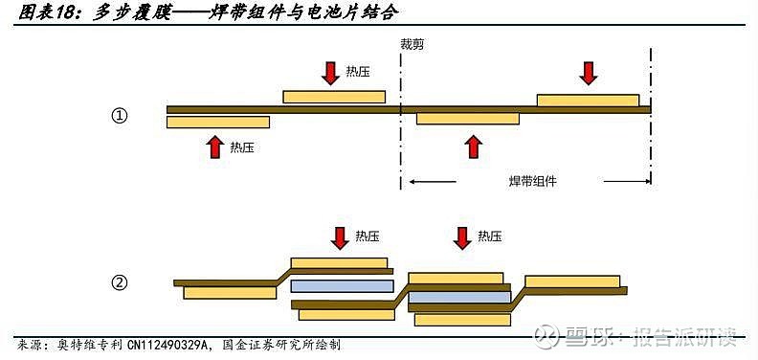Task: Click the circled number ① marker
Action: tap(120, 116)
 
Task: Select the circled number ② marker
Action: tap(120, 282)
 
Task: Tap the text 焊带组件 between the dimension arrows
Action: tap(533, 181)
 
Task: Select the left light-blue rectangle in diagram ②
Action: tap(342, 285)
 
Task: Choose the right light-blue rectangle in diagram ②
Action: tap(459, 298)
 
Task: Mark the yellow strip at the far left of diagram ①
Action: tap(218, 123)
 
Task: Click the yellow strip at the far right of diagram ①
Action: tap(588, 100)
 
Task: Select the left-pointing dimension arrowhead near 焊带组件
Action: tap(414, 181)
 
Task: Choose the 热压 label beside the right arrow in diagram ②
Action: tap(489, 236)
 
